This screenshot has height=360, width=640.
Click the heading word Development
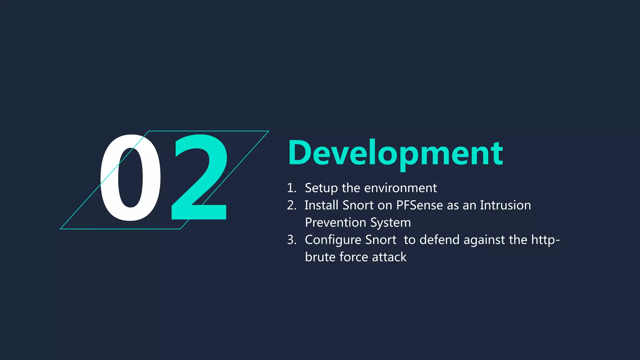[395, 153]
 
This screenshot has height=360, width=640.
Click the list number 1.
[291, 188]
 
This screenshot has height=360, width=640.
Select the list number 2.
[291, 205]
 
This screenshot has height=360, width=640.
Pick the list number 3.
[291, 240]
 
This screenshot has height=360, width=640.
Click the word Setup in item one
[321, 188]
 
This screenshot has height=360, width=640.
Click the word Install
[321, 205]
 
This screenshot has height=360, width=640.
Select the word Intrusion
[505, 205]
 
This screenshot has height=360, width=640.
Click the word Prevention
[335, 222]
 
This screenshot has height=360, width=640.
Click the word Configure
[333, 240]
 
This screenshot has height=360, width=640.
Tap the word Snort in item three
[380, 240]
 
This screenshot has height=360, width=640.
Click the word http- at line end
[545, 240]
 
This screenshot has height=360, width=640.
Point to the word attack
[389, 257]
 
